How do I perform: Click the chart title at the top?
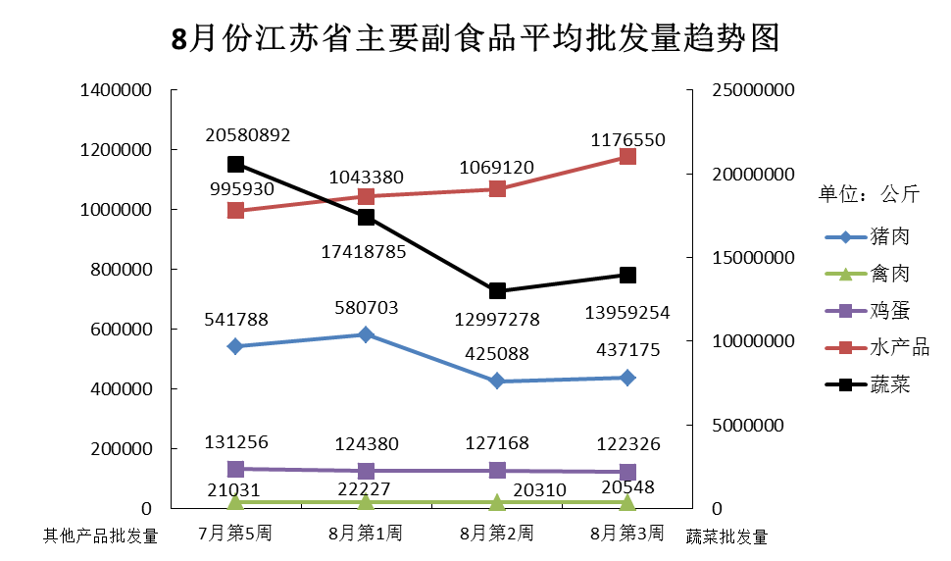point(475,38)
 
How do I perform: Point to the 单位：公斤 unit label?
point(869,193)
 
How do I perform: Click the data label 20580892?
point(248,135)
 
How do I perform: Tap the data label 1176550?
point(627,140)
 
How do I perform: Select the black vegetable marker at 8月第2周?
point(497,291)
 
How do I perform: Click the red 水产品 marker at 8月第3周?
point(627,157)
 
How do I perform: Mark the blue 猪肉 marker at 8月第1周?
point(366,334)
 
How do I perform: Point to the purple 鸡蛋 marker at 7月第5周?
point(235,469)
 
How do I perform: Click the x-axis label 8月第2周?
point(497,534)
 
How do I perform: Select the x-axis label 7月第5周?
point(235,534)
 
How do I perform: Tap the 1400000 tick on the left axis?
point(117,90)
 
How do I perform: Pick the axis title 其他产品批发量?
point(100,535)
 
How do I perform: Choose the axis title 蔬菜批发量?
point(726,536)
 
